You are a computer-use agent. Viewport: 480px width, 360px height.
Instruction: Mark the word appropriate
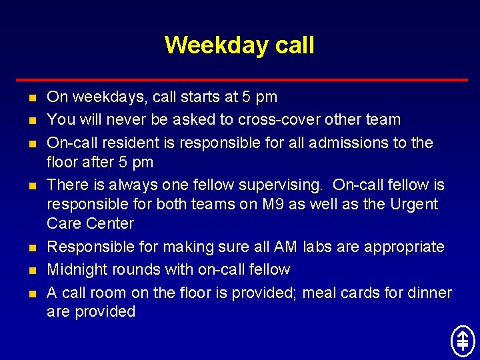pos(405,247)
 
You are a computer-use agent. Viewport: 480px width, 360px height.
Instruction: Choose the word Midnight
pos(77,269)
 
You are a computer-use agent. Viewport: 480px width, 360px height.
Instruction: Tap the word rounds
pos(137,269)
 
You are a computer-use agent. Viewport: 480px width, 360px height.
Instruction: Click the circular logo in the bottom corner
pos(462,341)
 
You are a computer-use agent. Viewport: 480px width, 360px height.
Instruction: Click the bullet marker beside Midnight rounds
pos(32,271)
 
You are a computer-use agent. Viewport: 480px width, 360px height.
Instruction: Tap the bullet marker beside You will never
pos(32,121)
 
